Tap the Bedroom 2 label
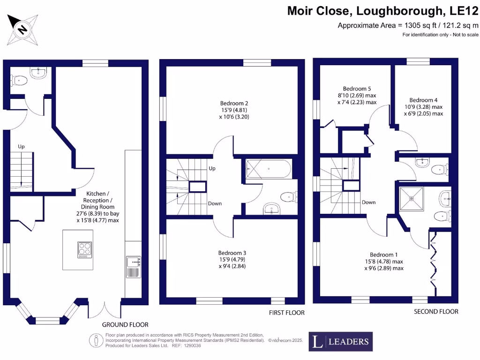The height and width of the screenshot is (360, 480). [234, 104]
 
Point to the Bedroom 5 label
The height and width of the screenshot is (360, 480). [357, 89]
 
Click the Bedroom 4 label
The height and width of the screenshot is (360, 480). [423, 100]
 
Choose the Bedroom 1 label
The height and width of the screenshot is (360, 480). [383, 255]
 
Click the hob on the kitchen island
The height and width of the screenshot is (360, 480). [84, 249]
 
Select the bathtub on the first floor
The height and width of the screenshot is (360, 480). [268, 169]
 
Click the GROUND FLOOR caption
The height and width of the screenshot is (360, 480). [125, 324]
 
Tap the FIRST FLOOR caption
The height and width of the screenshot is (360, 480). [286, 313]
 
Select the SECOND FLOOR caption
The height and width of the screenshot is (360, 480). [436, 312]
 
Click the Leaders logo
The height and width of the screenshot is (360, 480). [340, 342]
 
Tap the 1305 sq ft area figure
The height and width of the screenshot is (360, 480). [413, 25]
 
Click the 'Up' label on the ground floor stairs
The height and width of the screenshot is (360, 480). [21, 147]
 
